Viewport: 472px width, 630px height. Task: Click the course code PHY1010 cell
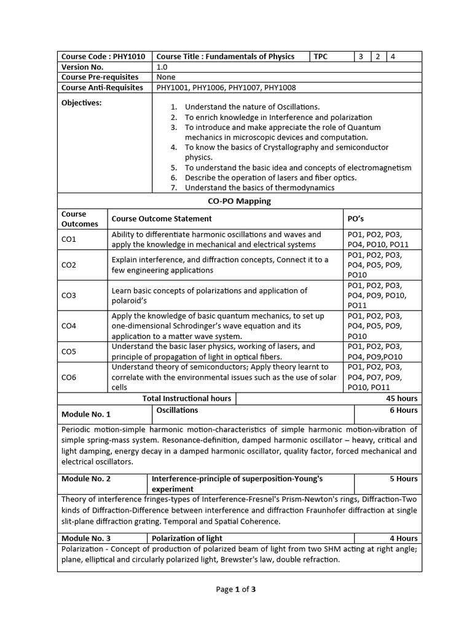(103, 57)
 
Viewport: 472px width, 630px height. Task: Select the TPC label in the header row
(321, 57)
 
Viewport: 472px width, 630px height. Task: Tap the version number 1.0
(162, 67)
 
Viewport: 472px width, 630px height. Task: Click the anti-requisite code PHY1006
(210, 87)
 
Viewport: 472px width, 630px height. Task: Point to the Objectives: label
(82, 103)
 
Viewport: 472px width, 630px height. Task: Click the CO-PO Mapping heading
(240, 201)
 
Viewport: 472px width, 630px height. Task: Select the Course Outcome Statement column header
(162, 218)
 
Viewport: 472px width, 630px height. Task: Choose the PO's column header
(356, 218)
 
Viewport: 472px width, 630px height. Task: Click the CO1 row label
(69, 239)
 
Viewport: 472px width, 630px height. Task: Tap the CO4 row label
(69, 326)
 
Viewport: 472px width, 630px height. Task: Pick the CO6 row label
(69, 377)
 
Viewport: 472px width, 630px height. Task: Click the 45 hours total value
(401, 398)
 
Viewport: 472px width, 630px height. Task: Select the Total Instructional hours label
(187, 398)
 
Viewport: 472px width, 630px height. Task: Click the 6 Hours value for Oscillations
(403, 410)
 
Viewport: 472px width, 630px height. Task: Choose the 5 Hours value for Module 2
(403, 478)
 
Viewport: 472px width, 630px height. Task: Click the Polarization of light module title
(187, 538)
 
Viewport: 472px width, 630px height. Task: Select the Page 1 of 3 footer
(235, 589)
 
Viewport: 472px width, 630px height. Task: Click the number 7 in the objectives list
(174, 188)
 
